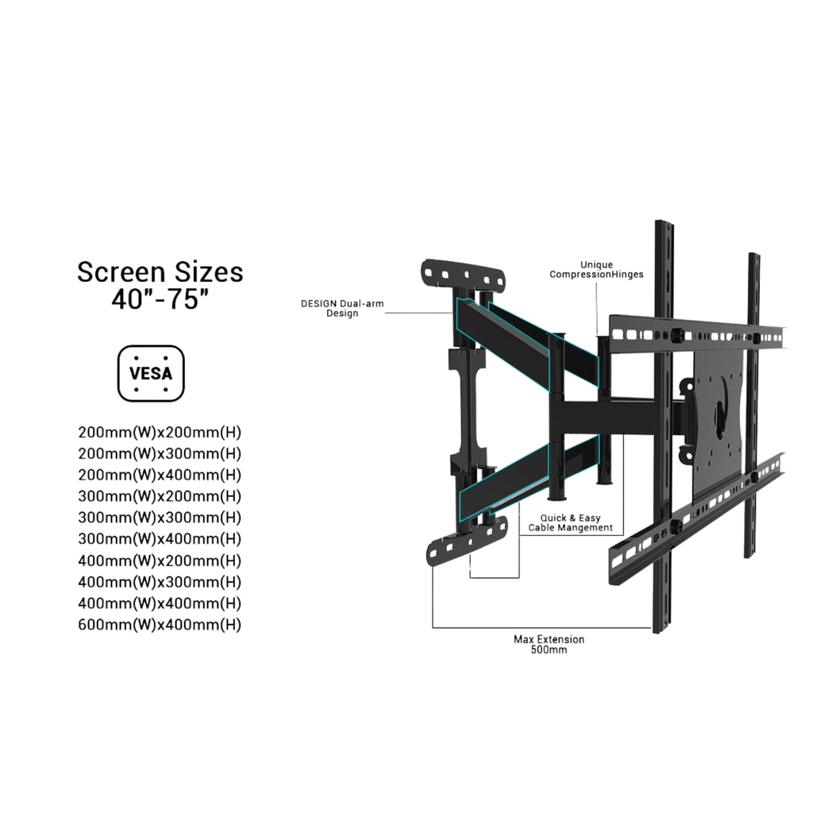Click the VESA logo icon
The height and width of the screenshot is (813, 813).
[x=151, y=373]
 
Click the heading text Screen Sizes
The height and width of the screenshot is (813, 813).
[x=160, y=272]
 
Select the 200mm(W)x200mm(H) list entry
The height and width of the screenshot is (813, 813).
[x=160, y=433]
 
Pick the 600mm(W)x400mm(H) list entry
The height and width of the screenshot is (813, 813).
[x=160, y=625]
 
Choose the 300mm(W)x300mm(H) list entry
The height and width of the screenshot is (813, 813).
[x=160, y=518]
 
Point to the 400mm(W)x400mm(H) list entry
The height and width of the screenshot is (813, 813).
[x=160, y=603]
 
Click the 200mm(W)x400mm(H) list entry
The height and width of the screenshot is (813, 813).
[x=160, y=475]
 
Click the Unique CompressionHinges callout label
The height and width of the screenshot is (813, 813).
[x=596, y=270]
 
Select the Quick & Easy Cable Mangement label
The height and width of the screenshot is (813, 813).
[x=570, y=522]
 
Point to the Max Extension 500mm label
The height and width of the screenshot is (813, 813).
[x=549, y=644]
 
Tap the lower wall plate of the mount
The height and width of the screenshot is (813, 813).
[x=467, y=541]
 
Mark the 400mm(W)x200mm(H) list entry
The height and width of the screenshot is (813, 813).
[x=160, y=561]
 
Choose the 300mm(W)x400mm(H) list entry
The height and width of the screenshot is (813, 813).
[x=160, y=539]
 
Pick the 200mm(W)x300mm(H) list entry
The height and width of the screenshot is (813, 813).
[x=160, y=454]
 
